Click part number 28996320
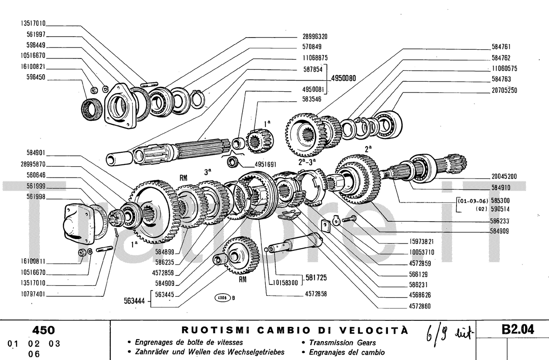tap(315, 37)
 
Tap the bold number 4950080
tap(343, 79)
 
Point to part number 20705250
tap(504, 90)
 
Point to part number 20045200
tap(502, 177)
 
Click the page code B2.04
tap(518, 330)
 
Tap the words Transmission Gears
tap(342, 343)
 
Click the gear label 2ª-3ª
tap(308, 162)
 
